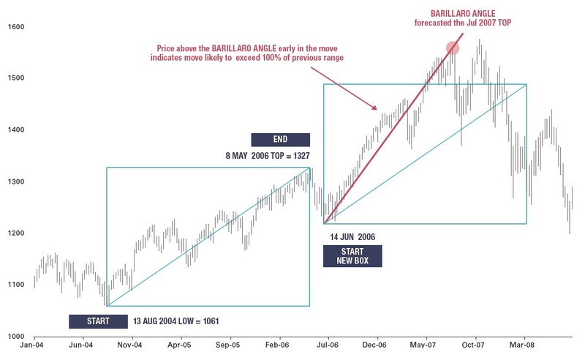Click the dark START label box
pos(97,321)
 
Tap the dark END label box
pos(280,140)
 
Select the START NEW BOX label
pos(352,256)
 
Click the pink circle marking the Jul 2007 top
pos(453,48)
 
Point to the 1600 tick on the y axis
pos(16,27)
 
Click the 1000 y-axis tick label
pos(16,336)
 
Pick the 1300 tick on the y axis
pos(16,181)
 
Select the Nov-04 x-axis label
pos(130,343)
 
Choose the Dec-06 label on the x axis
pos(374,343)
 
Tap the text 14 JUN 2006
pos(352,237)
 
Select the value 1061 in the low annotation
pos(207,321)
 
